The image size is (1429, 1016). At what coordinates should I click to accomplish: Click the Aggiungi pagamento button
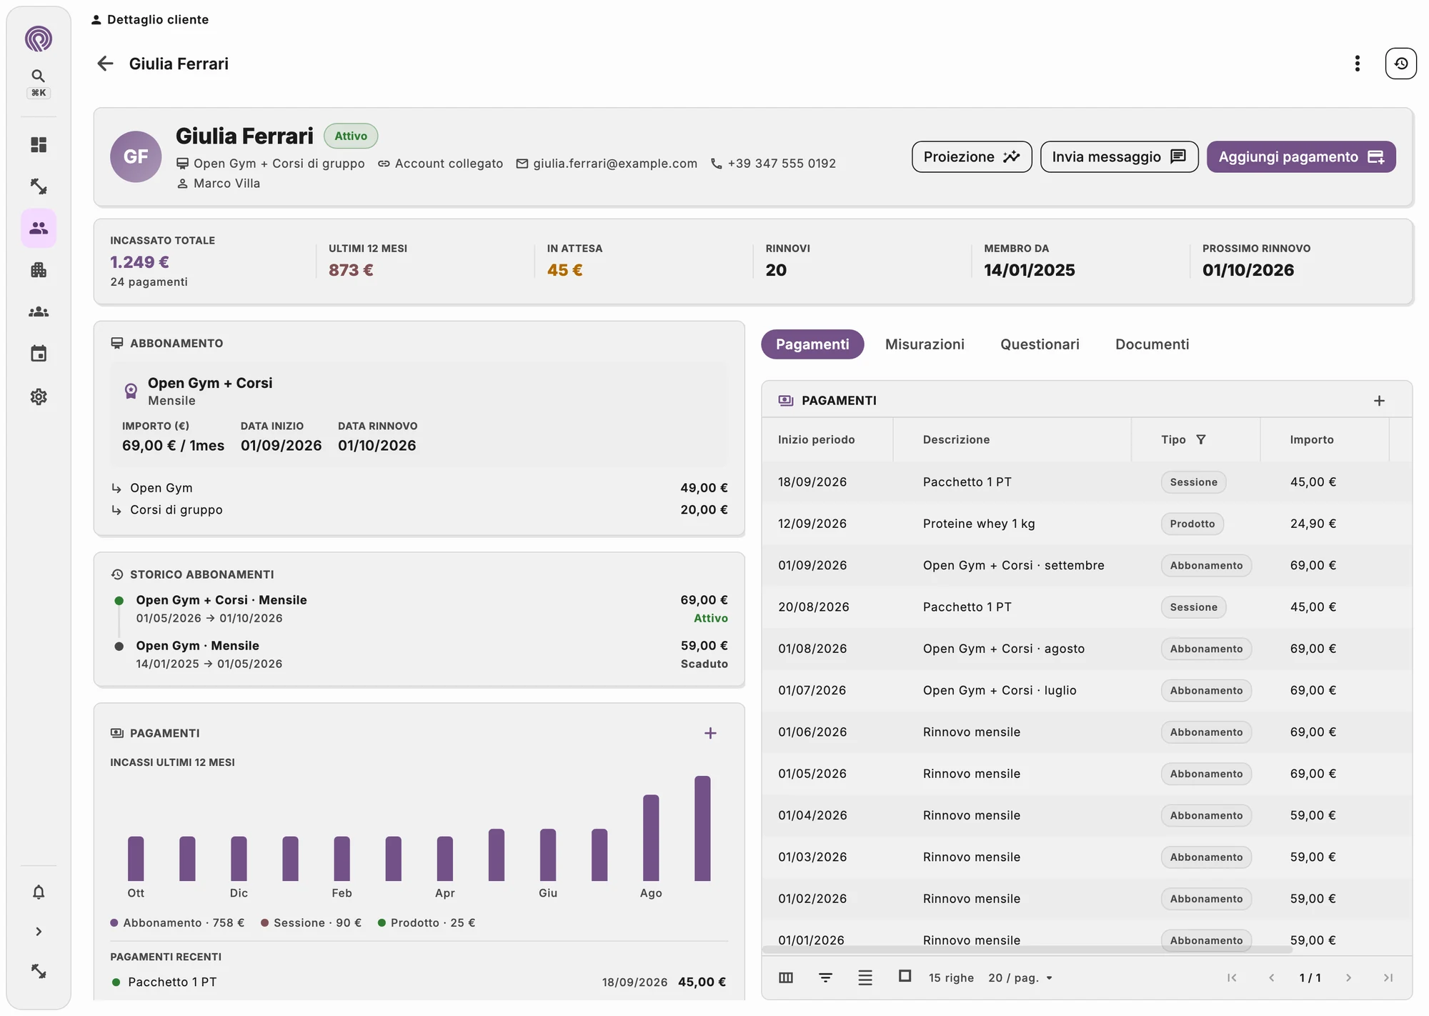point(1300,156)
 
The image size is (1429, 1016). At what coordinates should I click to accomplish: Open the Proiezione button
point(971,156)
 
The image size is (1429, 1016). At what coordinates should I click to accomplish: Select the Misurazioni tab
point(925,344)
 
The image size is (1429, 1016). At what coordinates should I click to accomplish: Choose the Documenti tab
point(1152,344)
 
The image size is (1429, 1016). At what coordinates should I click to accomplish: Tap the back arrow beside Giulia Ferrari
point(105,64)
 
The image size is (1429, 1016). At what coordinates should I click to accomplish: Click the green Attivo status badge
point(351,136)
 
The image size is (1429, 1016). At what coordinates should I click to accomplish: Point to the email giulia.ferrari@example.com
point(614,164)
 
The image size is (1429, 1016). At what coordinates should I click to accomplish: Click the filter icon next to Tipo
point(1200,439)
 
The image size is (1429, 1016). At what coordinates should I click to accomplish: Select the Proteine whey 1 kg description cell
point(979,524)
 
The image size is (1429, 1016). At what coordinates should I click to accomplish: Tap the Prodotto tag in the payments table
point(1192,524)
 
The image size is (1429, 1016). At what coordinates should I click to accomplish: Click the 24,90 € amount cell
point(1313,524)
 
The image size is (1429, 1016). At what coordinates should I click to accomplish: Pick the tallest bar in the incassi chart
point(702,828)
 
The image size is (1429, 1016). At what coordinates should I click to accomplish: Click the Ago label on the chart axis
point(651,893)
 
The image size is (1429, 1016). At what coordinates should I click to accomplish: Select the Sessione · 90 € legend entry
point(311,923)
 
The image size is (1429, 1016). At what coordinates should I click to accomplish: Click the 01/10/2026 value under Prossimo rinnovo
point(1248,270)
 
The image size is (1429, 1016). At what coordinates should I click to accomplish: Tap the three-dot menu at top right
point(1357,64)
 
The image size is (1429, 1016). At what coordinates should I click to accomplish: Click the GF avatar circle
point(136,156)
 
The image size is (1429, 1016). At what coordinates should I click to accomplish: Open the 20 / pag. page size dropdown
point(1020,977)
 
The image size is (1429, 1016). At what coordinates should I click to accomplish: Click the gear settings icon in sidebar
point(39,397)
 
